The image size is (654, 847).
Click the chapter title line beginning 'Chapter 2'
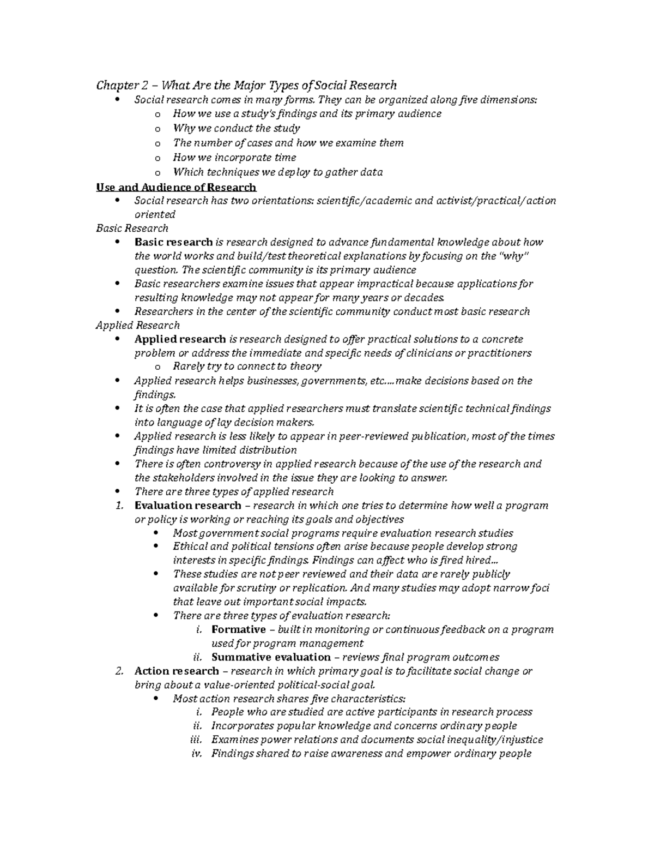pyautogui.click(x=246, y=85)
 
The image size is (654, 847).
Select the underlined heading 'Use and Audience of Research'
pyautogui.click(x=175, y=187)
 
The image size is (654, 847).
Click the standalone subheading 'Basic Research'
pyautogui.click(x=132, y=228)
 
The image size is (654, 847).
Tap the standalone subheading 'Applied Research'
pyautogui.click(x=137, y=325)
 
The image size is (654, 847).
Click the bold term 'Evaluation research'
pyautogui.click(x=187, y=506)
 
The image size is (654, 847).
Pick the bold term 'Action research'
pyautogui.click(x=177, y=671)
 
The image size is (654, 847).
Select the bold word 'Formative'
pyautogui.click(x=238, y=629)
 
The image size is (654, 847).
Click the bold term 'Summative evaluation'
pyautogui.click(x=271, y=657)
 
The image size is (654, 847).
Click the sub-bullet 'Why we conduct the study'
pyautogui.click(x=236, y=128)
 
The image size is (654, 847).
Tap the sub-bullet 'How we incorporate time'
pyautogui.click(x=234, y=158)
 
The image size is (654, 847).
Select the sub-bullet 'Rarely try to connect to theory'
pyautogui.click(x=247, y=367)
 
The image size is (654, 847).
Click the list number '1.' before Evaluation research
pyautogui.click(x=120, y=506)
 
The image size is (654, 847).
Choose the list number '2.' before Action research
pyautogui.click(x=120, y=671)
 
